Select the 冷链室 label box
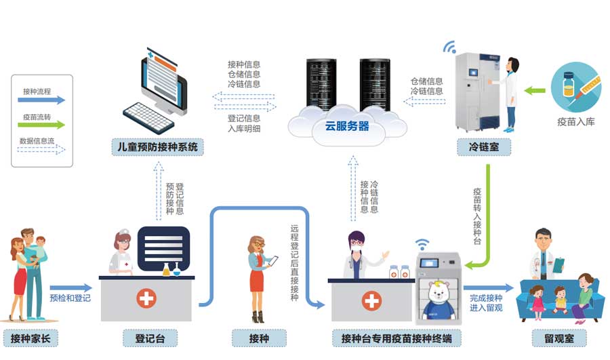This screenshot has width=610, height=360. coord(484,146)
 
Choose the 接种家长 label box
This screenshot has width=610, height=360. coord(30,338)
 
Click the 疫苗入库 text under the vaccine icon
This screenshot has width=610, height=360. coord(576,123)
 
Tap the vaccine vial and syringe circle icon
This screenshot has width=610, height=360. coord(575,86)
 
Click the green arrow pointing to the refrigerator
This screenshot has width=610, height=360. coord(536,88)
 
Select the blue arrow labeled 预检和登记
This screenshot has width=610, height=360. coord(70,288)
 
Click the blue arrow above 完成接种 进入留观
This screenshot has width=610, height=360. coord(488,288)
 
